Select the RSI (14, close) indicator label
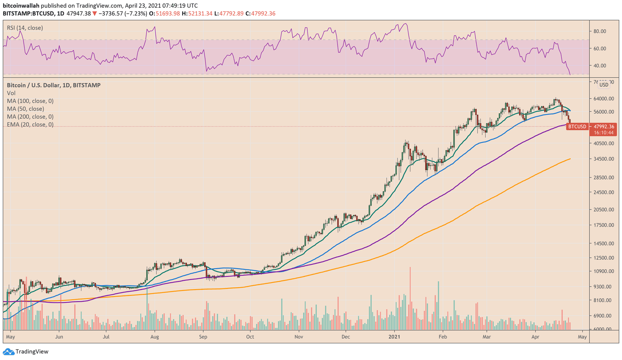click(x=25, y=28)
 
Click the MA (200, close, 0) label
click(x=30, y=117)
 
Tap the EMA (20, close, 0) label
click(x=30, y=125)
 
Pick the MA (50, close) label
click(x=25, y=109)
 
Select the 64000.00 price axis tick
click(x=603, y=99)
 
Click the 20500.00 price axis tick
click(x=603, y=210)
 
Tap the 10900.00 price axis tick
click(x=603, y=271)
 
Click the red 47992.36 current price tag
click(x=603, y=126)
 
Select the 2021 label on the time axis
click(x=395, y=337)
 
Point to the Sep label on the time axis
click(x=203, y=337)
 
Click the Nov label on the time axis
click(x=299, y=337)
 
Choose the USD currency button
click(x=604, y=85)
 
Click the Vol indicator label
click(x=11, y=93)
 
